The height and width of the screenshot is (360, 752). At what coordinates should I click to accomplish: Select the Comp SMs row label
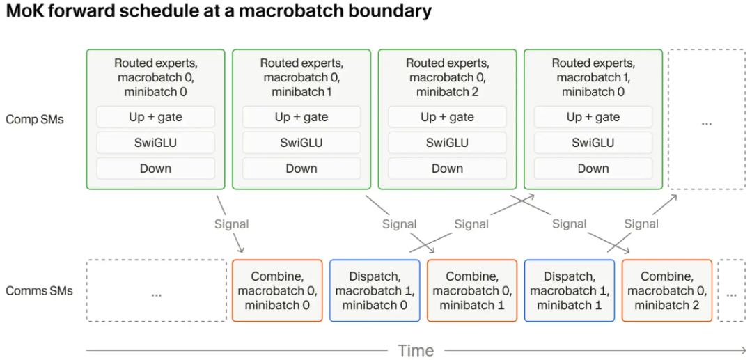35,119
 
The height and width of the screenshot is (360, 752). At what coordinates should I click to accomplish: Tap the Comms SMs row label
39,290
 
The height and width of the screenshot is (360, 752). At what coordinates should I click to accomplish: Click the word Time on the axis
416,350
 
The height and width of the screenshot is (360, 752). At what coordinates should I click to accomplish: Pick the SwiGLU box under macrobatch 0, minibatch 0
156,143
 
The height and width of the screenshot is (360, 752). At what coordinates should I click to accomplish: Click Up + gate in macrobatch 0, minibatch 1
301,117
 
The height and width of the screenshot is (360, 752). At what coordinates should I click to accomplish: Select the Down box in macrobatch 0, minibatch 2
448,169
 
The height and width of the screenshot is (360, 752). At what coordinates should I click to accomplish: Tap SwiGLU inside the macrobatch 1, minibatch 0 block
593,143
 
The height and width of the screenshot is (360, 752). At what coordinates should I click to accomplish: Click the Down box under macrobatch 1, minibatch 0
593,169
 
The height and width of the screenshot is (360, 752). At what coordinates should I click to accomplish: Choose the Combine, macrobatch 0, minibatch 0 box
277,290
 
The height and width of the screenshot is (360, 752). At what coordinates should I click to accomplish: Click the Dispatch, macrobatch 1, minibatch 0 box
375,290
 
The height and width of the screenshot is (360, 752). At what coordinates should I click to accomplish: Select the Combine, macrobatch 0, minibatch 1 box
472,290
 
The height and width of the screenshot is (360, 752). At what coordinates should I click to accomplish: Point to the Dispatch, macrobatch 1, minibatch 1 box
570,290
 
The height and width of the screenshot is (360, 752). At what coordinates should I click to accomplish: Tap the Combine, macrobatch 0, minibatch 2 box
667,290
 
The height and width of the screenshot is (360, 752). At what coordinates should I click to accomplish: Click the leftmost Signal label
232,224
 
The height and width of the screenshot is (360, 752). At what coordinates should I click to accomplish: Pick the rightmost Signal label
641,224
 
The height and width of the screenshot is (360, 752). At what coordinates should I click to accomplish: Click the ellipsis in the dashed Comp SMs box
707,123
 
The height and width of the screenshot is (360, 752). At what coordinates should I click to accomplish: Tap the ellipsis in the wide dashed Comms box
157,295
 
